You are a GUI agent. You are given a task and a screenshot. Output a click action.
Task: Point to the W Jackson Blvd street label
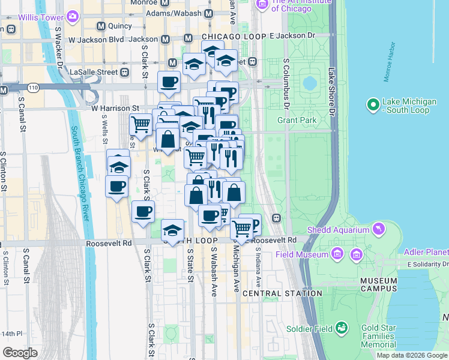pos(97,39)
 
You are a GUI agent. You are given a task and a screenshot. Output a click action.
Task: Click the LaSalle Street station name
pos(93,72)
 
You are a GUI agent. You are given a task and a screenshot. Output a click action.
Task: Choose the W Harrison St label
pos(115,109)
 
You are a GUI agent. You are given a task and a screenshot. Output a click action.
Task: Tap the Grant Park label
pos(297,121)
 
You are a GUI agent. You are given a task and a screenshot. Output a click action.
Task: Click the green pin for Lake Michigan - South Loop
pos(372,105)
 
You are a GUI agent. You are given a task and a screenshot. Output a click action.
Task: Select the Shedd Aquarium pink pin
pos(378,228)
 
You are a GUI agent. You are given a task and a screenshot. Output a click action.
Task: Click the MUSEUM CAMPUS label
pos(379,284)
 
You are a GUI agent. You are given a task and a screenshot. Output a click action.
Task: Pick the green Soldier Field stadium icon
pos(342,328)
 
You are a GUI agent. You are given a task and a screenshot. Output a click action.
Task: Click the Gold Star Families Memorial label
pos(379,337)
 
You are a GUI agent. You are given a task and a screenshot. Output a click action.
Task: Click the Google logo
pos(20,353)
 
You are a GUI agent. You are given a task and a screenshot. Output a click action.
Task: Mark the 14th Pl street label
pos(11,334)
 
